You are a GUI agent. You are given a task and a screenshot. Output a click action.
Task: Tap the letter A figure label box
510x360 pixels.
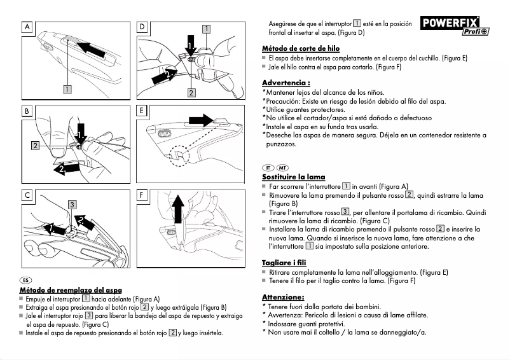pyautogui.click(x=28, y=27)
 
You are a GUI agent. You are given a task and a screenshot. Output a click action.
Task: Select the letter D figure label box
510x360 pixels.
pyautogui.click(x=142, y=27)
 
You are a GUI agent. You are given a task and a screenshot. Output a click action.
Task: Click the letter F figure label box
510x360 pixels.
pyautogui.click(x=142, y=195)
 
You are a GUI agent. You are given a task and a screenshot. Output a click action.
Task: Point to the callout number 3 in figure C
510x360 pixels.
pyautogui.click(x=72, y=205)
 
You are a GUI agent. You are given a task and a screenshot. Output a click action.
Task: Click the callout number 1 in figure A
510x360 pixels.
pyautogui.click(x=67, y=89)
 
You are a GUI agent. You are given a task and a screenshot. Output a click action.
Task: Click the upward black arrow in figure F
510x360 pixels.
pyautogui.click(x=177, y=211)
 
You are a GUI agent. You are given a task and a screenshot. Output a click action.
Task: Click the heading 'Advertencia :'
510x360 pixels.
pyautogui.click(x=286, y=83)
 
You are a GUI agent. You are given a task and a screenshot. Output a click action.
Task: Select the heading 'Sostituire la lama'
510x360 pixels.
pyautogui.click(x=293, y=176)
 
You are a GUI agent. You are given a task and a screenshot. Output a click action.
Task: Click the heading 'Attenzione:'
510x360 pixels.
pyautogui.click(x=283, y=296)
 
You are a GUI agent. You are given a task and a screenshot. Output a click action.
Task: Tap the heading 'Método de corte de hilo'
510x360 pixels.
pyautogui.click(x=301, y=48)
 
